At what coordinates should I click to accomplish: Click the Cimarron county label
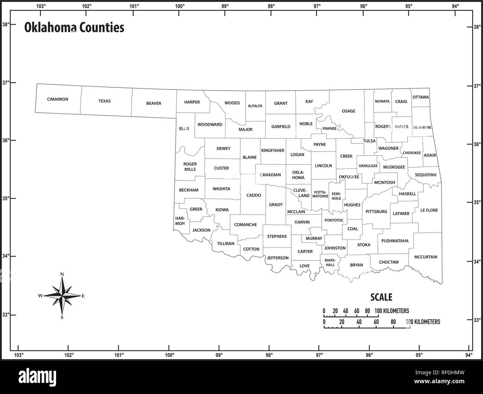pos(58,100)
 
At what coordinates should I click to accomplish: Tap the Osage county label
pos(349,111)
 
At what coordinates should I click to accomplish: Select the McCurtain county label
pos(426,257)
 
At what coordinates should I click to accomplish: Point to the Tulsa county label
pos(369,141)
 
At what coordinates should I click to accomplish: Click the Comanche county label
pos(246,225)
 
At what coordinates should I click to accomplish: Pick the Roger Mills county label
pos(190,166)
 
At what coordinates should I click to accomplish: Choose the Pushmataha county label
pos(395,241)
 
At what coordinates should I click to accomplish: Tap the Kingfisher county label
pos(273,150)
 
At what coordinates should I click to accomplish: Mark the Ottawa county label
pos(421,97)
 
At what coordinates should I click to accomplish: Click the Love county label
pos(305,266)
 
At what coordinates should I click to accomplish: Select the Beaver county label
pos(153,103)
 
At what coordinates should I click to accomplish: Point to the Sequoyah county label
pos(425,175)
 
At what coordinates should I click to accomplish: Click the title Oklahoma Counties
pos(74,27)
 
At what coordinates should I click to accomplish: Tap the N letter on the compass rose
pos(62,274)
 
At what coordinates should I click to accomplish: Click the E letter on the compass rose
pos(83,296)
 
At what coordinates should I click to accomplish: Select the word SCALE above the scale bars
pos(381,297)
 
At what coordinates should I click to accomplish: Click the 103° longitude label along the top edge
pos(41,6)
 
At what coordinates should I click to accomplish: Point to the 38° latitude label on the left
pos(6,25)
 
